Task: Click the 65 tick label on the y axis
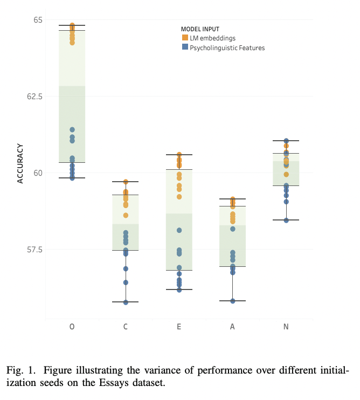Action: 38,20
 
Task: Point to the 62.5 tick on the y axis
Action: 35,96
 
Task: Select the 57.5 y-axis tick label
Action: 35,250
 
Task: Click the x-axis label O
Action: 72,327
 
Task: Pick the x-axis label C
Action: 126,327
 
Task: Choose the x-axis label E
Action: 179,327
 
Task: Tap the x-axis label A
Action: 232,327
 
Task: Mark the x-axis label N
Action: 286,327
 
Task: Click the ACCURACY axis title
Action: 20,163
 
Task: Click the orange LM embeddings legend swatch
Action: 185,38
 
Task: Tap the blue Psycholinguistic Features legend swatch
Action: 185,48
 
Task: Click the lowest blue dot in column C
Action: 126,302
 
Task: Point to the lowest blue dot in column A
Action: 233,301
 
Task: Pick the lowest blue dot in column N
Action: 286,220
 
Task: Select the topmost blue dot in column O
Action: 72,129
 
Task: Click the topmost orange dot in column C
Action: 126,182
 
